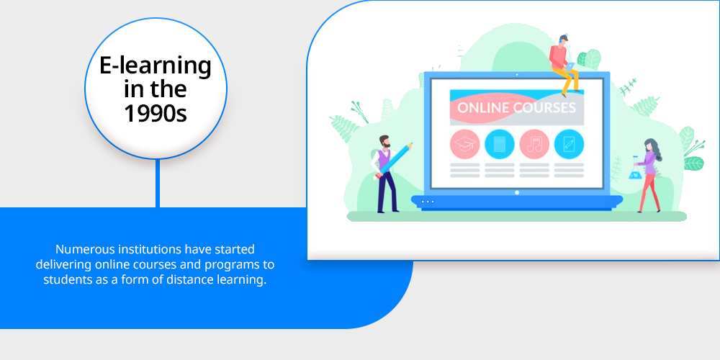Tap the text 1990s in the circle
[x=156, y=112]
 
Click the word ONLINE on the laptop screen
[x=484, y=108]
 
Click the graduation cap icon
[x=464, y=144]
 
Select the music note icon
[x=534, y=144]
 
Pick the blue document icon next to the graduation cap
[x=499, y=144]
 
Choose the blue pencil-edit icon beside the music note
[x=569, y=144]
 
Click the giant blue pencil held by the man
[x=394, y=161]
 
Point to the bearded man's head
[x=384, y=141]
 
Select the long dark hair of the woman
[x=654, y=149]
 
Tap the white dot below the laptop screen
[x=517, y=192]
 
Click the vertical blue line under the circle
[x=158, y=184]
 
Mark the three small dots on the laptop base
[x=428, y=202]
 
